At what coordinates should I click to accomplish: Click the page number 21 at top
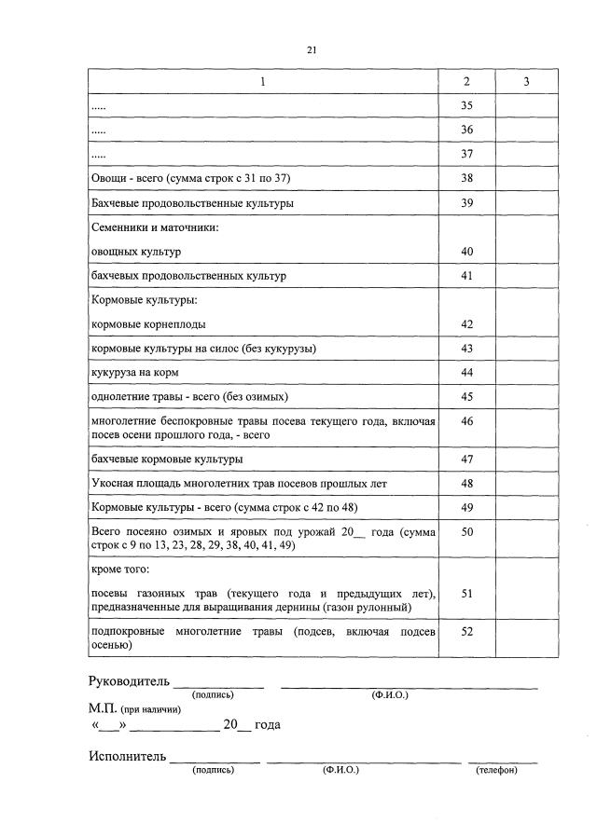[312, 50]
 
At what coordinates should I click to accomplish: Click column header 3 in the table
[526, 82]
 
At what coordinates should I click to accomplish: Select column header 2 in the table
[466, 82]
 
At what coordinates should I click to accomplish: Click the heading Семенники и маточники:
[154, 227]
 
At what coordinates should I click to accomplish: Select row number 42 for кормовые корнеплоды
[466, 324]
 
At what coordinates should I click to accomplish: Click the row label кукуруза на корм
[134, 373]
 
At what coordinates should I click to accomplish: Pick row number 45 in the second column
[466, 397]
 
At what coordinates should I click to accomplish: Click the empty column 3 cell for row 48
[526, 484]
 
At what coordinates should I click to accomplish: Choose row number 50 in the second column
[466, 531]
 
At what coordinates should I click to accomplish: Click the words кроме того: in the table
[120, 568]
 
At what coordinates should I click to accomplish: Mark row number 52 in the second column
[466, 632]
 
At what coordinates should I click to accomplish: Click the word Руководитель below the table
[130, 680]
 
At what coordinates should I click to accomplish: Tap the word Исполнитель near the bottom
[128, 756]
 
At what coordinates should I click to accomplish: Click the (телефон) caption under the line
[495, 771]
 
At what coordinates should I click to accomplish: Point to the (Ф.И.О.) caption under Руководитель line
[389, 695]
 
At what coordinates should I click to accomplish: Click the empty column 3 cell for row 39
[526, 202]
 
